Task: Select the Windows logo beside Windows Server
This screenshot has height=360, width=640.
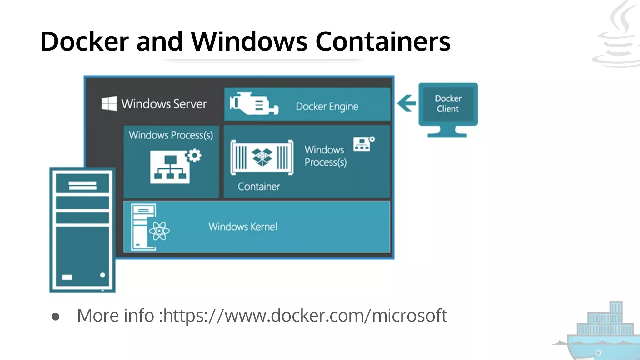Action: coord(109,103)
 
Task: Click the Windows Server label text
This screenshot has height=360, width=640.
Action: coord(164,104)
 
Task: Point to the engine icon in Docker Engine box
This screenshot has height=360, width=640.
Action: coord(253,103)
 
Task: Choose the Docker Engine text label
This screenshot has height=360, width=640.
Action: coord(327,107)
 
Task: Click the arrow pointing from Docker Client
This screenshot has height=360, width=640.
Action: coord(406,103)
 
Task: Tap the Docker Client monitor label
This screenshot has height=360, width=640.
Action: coord(448,103)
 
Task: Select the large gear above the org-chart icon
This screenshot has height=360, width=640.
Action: coord(194,155)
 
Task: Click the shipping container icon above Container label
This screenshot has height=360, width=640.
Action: coord(262,157)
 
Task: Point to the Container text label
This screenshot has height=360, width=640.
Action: coord(259,187)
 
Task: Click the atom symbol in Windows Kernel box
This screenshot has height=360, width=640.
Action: coord(159,231)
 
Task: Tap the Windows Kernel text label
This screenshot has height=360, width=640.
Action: coord(243,227)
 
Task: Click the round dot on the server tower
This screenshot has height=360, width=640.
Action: coord(102,275)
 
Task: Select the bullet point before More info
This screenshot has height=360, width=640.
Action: coord(56,317)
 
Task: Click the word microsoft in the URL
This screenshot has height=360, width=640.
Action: coord(409,316)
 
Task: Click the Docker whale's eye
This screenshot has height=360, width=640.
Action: coord(598,353)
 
